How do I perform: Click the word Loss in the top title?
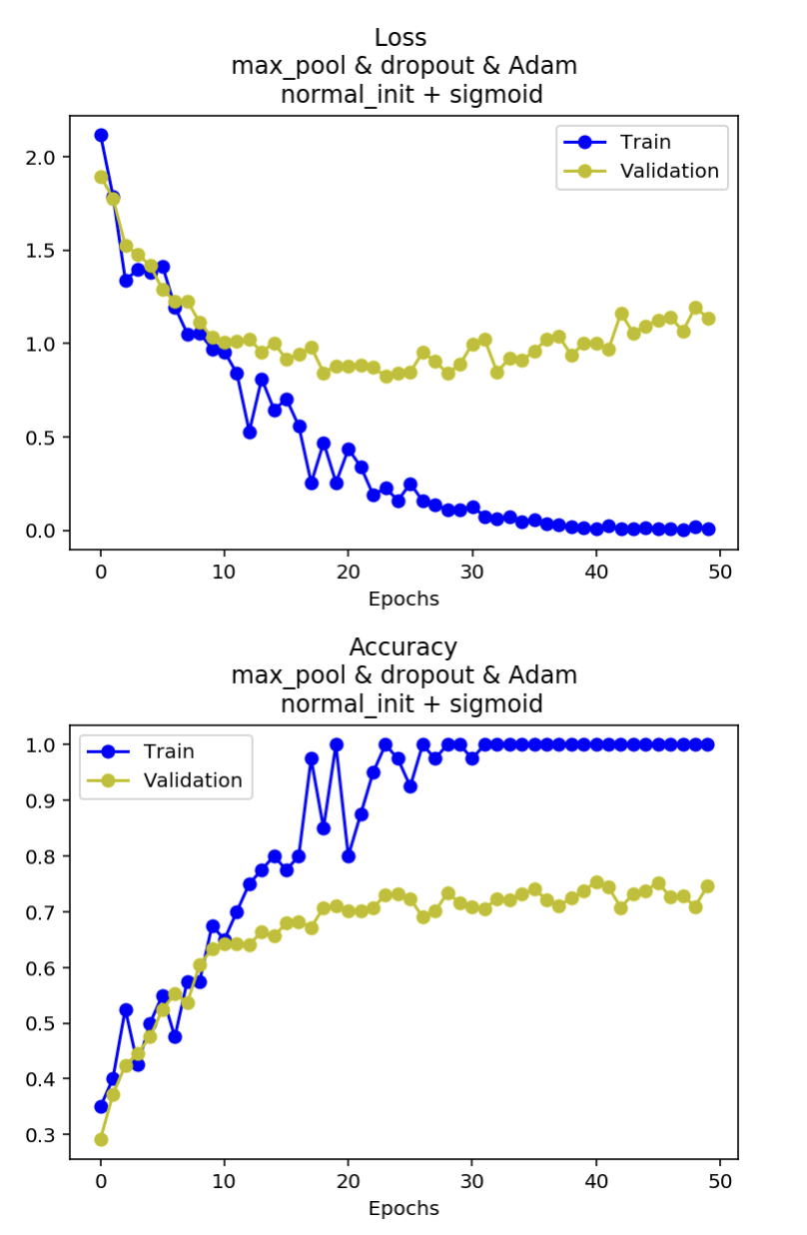[401, 38]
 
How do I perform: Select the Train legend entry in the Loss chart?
[644, 142]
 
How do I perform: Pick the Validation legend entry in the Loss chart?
[668, 171]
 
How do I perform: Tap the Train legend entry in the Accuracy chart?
[168, 751]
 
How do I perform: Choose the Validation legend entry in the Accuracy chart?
[192, 780]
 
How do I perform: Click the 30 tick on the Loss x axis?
[471, 573]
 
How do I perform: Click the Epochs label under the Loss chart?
[403, 600]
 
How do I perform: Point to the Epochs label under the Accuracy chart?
[403, 1209]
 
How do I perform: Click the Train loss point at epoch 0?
[101, 135]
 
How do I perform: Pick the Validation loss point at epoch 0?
[101, 177]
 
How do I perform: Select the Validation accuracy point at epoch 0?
[101, 1139]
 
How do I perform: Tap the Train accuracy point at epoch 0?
[101, 1106]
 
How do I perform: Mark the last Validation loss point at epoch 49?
[708, 319]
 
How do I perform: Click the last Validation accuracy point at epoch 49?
[708, 886]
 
